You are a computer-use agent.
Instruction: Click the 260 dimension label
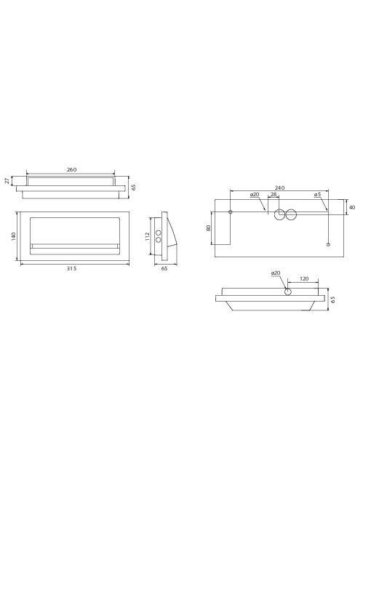[71, 169]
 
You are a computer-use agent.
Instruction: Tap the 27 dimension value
[7, 181]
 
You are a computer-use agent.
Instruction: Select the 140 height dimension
[13, 236]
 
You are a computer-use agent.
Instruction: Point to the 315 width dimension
[71, 268]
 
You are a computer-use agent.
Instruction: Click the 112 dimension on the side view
[147, 236]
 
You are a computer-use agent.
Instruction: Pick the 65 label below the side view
[164, 268]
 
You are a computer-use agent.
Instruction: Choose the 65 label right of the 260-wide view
[134, 188]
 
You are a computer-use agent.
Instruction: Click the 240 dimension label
[279, 188]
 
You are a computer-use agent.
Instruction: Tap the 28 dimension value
[274, 195]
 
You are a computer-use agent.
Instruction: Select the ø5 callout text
[317, 195]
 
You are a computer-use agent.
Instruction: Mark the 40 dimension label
[352, 207]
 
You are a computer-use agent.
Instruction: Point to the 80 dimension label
[208, 228]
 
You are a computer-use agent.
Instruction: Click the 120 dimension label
[304, 278]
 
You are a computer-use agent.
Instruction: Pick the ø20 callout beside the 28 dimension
[255, 195]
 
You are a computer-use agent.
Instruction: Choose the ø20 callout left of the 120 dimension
[276, 273]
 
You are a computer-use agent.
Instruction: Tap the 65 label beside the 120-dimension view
[333, 299]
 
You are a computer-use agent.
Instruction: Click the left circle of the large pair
[280, 214]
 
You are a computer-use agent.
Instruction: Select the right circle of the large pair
[292, 214]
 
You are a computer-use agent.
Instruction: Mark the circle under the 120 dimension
[289, 291]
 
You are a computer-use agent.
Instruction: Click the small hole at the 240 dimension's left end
[231, 212]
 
